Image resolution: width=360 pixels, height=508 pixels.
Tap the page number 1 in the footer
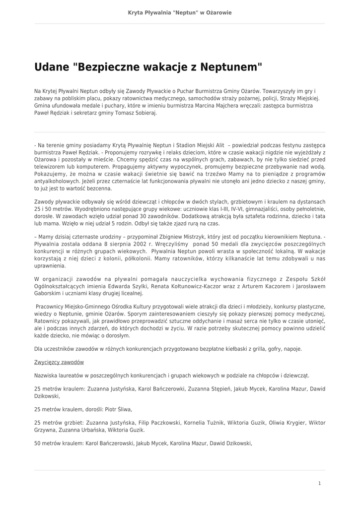319,483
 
